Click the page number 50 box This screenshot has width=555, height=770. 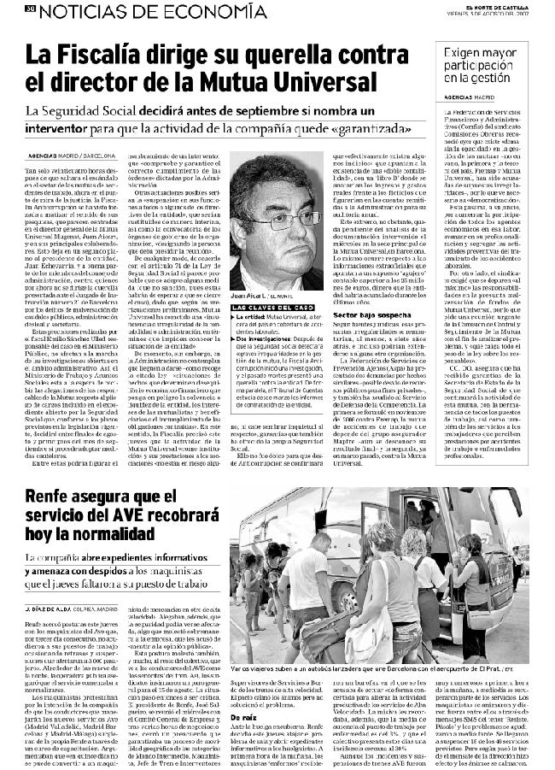pyautogui.click(x=30, y=9)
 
